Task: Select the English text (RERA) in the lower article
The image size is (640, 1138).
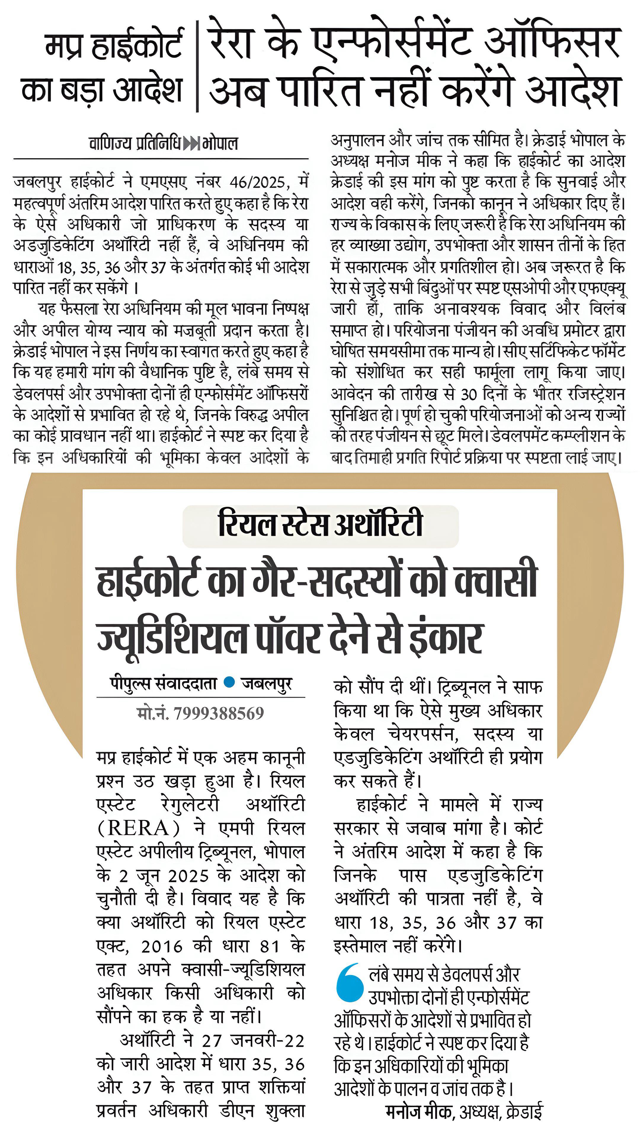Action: (138, 828)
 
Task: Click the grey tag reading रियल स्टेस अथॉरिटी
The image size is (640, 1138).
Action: (320, 525)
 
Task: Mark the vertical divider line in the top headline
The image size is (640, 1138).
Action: (197, 66)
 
